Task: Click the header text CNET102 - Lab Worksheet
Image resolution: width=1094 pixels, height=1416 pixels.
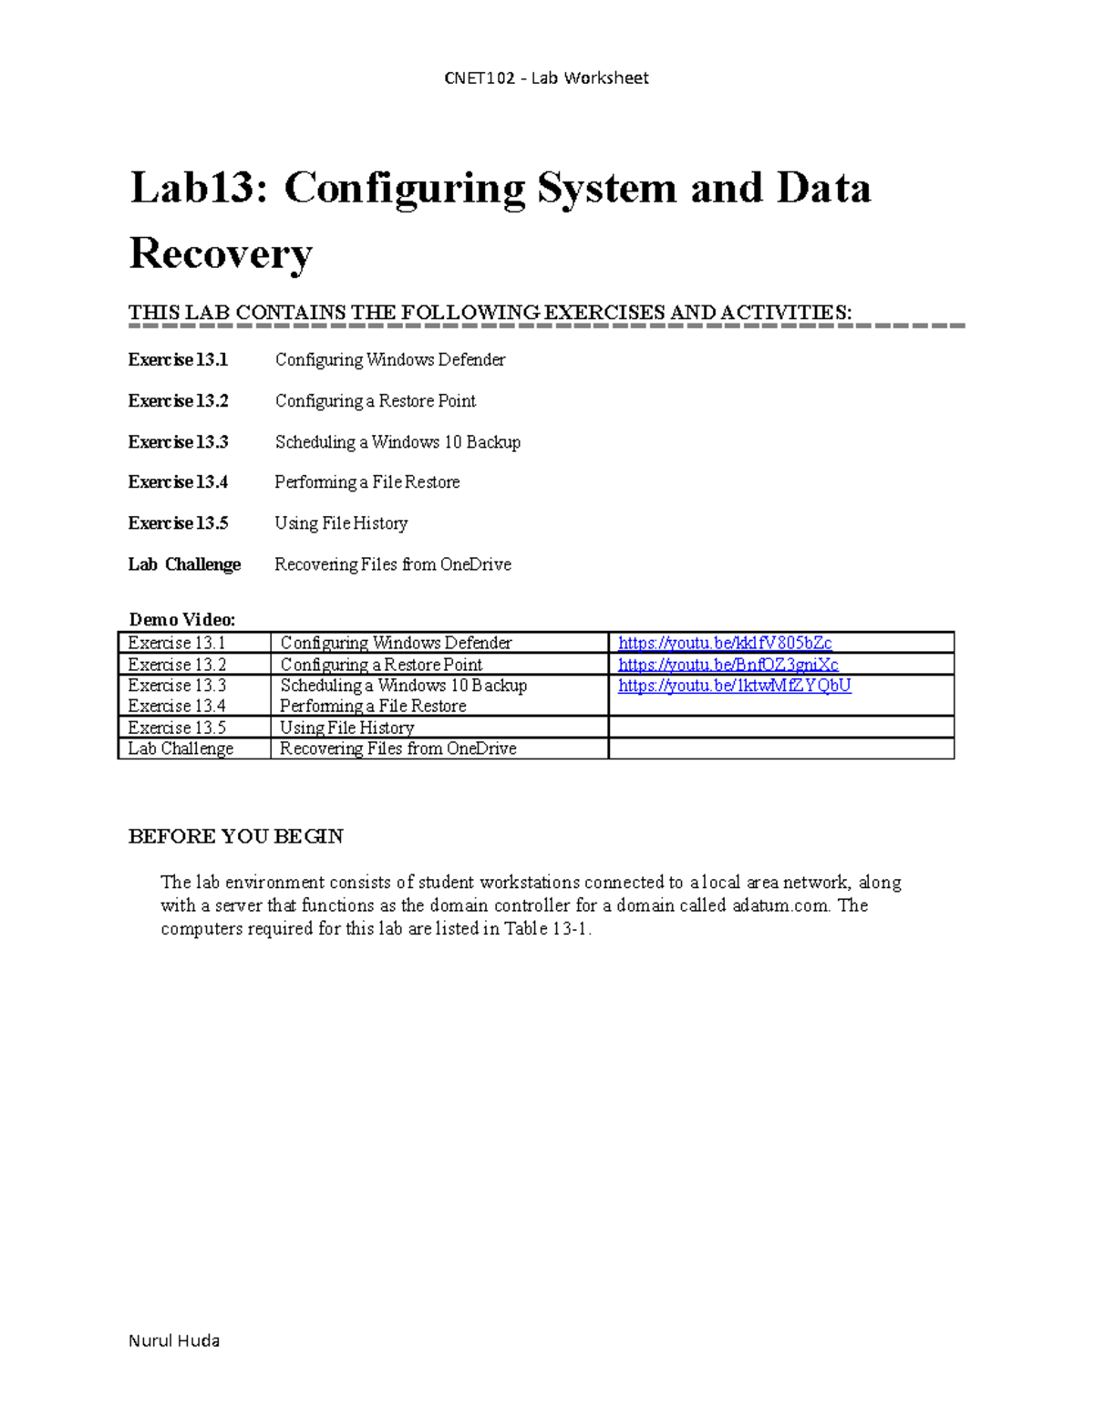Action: [546, 78]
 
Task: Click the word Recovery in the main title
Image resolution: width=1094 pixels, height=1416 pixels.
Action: [221, 253]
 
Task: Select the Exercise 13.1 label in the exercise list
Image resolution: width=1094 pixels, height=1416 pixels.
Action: [178, 360]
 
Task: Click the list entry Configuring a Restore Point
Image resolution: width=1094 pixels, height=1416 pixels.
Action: [375, 401]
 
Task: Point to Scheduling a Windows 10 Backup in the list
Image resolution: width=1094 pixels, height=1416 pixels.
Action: [397, 442]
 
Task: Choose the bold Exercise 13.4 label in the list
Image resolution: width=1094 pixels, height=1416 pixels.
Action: [178, 482]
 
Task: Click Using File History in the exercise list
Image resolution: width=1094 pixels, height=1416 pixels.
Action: [341, 523]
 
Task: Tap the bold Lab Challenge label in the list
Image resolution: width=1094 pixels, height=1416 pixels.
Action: [184, 564]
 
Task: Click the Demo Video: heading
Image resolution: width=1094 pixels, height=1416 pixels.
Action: [182, 620]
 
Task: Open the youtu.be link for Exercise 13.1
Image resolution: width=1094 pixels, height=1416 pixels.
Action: [724, 643]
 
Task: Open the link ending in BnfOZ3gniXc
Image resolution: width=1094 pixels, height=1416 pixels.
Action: [728, 665]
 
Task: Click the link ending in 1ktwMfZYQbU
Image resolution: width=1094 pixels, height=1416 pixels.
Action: [734, 686]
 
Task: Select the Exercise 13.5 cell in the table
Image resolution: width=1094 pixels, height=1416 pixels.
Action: [177, 728]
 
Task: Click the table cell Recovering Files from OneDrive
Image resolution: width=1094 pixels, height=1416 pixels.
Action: [397, 749]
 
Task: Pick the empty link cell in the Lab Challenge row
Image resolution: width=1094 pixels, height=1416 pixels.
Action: [780, 749]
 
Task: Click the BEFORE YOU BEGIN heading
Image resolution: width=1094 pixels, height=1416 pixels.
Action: [235, 837]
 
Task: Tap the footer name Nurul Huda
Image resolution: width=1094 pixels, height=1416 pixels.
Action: [174, 1340]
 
